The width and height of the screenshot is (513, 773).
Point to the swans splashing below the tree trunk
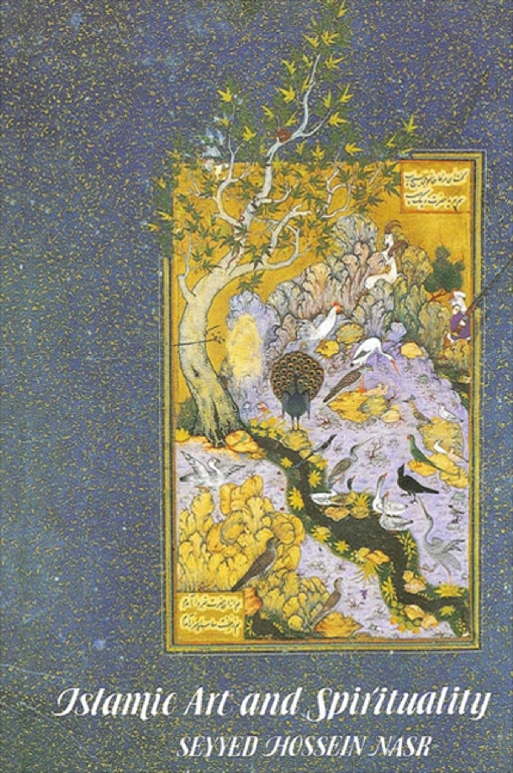pyautogui.click(x=206, y=468)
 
